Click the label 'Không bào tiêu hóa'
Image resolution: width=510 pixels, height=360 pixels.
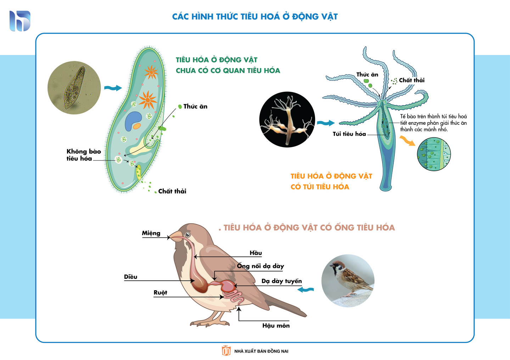click(x=84, y=155)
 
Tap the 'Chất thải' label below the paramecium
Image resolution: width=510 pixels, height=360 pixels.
click(x=172, y=191)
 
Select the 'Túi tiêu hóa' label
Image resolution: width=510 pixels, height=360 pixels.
click(x=349, y=134)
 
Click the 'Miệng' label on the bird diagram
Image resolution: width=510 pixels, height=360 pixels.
click(x=151, y=233)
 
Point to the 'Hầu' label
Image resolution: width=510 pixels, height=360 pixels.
click(x=256, y=253)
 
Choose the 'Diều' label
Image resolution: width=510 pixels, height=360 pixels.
click(x=130, y=277)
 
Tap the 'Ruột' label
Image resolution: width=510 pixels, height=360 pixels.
click(x=160, y=292)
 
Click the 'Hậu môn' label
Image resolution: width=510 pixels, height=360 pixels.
click(x=276, y=326)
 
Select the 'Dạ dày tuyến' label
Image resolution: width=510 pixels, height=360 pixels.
click(x=281, y=281)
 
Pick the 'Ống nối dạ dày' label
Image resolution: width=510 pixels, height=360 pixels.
click(x=260, y=266)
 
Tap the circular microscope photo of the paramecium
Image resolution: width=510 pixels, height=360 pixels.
click(x=74, y=88)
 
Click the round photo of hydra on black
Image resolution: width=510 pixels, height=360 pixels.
click(x=287, y=119)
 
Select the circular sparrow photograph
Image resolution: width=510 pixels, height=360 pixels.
click(x=348, y=281)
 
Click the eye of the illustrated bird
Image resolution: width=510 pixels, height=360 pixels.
click(x=187, y=235)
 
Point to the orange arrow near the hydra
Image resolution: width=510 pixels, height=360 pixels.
click(x=408, y=141)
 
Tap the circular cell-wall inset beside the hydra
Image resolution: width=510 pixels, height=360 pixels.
click(x=434, y=154)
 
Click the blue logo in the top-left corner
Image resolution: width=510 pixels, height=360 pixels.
click(x=20, y=21)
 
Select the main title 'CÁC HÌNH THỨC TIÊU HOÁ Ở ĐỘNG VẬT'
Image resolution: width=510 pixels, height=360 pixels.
click(x=255, y=17)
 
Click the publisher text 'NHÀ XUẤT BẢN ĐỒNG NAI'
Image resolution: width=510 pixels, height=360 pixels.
click(x=261, y=351)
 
